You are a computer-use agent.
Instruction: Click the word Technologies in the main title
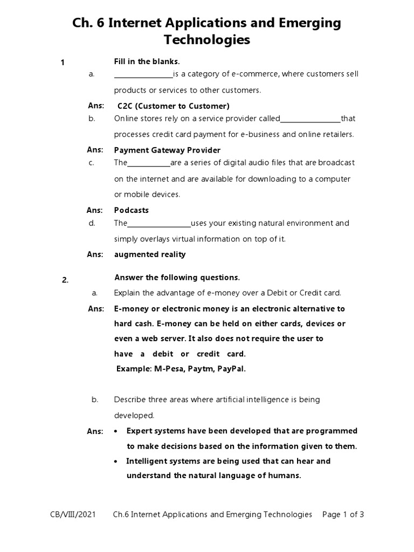point(207,40)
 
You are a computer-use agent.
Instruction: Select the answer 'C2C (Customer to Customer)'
point(174,106)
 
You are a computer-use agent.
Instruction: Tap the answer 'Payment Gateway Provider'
point(167,150)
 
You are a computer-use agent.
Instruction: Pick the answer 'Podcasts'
point(132,210)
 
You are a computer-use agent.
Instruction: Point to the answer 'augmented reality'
point(150,254)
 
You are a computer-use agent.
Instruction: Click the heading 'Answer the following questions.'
point(177,278)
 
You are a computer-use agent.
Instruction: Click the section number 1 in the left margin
point(63,63)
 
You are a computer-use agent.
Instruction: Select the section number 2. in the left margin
point(65,279)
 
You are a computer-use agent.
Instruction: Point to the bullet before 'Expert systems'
point(116,431)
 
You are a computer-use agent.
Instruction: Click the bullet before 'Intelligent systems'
point(116,461)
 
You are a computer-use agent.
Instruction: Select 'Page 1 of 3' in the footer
point(343,514)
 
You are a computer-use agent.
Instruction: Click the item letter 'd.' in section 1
point(92,223)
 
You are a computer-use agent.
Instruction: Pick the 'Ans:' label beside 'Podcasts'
point(95,210)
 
